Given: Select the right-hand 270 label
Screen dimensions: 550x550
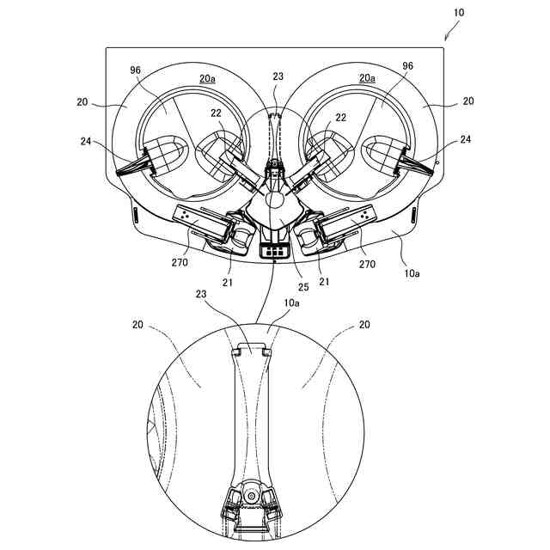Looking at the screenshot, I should point(367,265).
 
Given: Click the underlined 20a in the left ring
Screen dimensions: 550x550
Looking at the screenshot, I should point(207,77).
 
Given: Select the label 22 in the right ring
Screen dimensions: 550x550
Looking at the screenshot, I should point(340,118).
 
